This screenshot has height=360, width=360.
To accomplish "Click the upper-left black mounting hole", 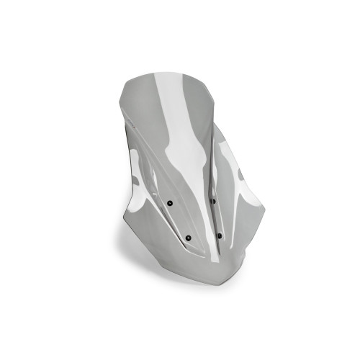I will coord(169,204).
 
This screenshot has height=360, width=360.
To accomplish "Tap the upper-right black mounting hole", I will coord(214,201).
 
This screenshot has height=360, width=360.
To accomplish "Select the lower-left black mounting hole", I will coord(188,238).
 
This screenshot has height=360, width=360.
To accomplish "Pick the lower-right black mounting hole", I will coord(219,235).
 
